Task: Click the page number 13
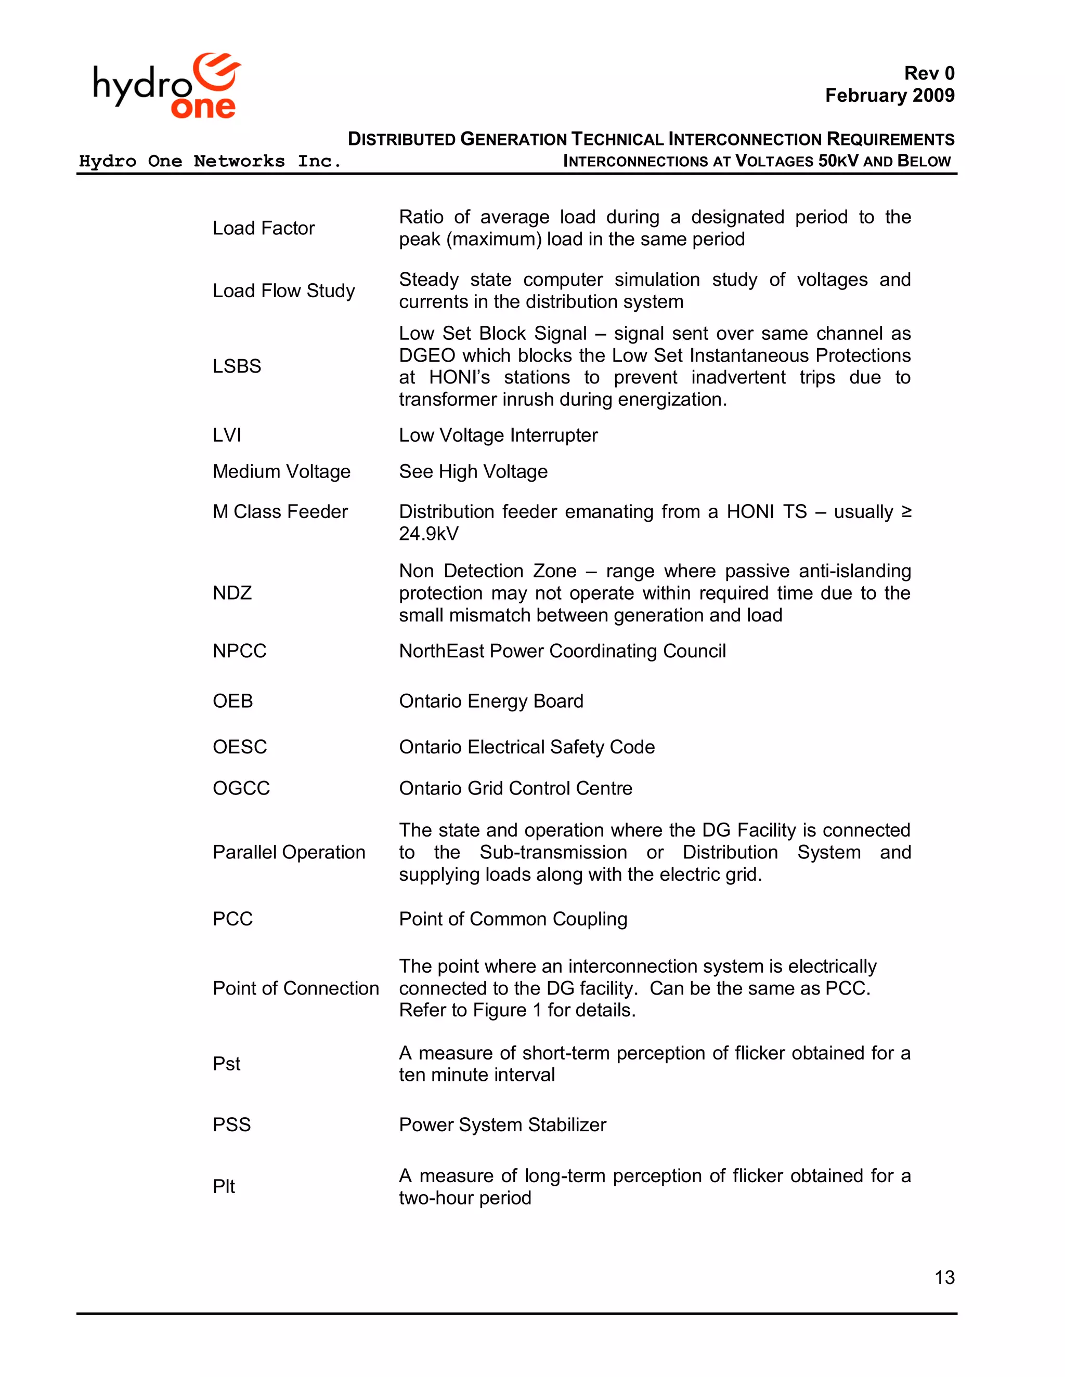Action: (944, 1277)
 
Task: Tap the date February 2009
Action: (890, 95)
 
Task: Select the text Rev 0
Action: (929, 73)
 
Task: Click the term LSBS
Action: (237, 366)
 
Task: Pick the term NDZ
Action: (232, 593)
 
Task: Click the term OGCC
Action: (241, 788)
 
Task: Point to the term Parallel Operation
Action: (289, 852)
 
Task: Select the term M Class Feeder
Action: (280, 511)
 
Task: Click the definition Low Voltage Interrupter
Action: (498, 435)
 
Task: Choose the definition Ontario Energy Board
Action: (491, 701)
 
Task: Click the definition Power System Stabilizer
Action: (502, 1125)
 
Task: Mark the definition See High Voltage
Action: (473, 472)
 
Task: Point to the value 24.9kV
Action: (428, 534)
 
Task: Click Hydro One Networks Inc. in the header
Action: (210, 162)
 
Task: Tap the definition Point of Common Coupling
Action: (513, 919)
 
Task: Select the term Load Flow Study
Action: (284, 290)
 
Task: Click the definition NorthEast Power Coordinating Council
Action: (562, 651)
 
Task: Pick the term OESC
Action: (240, 747)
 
